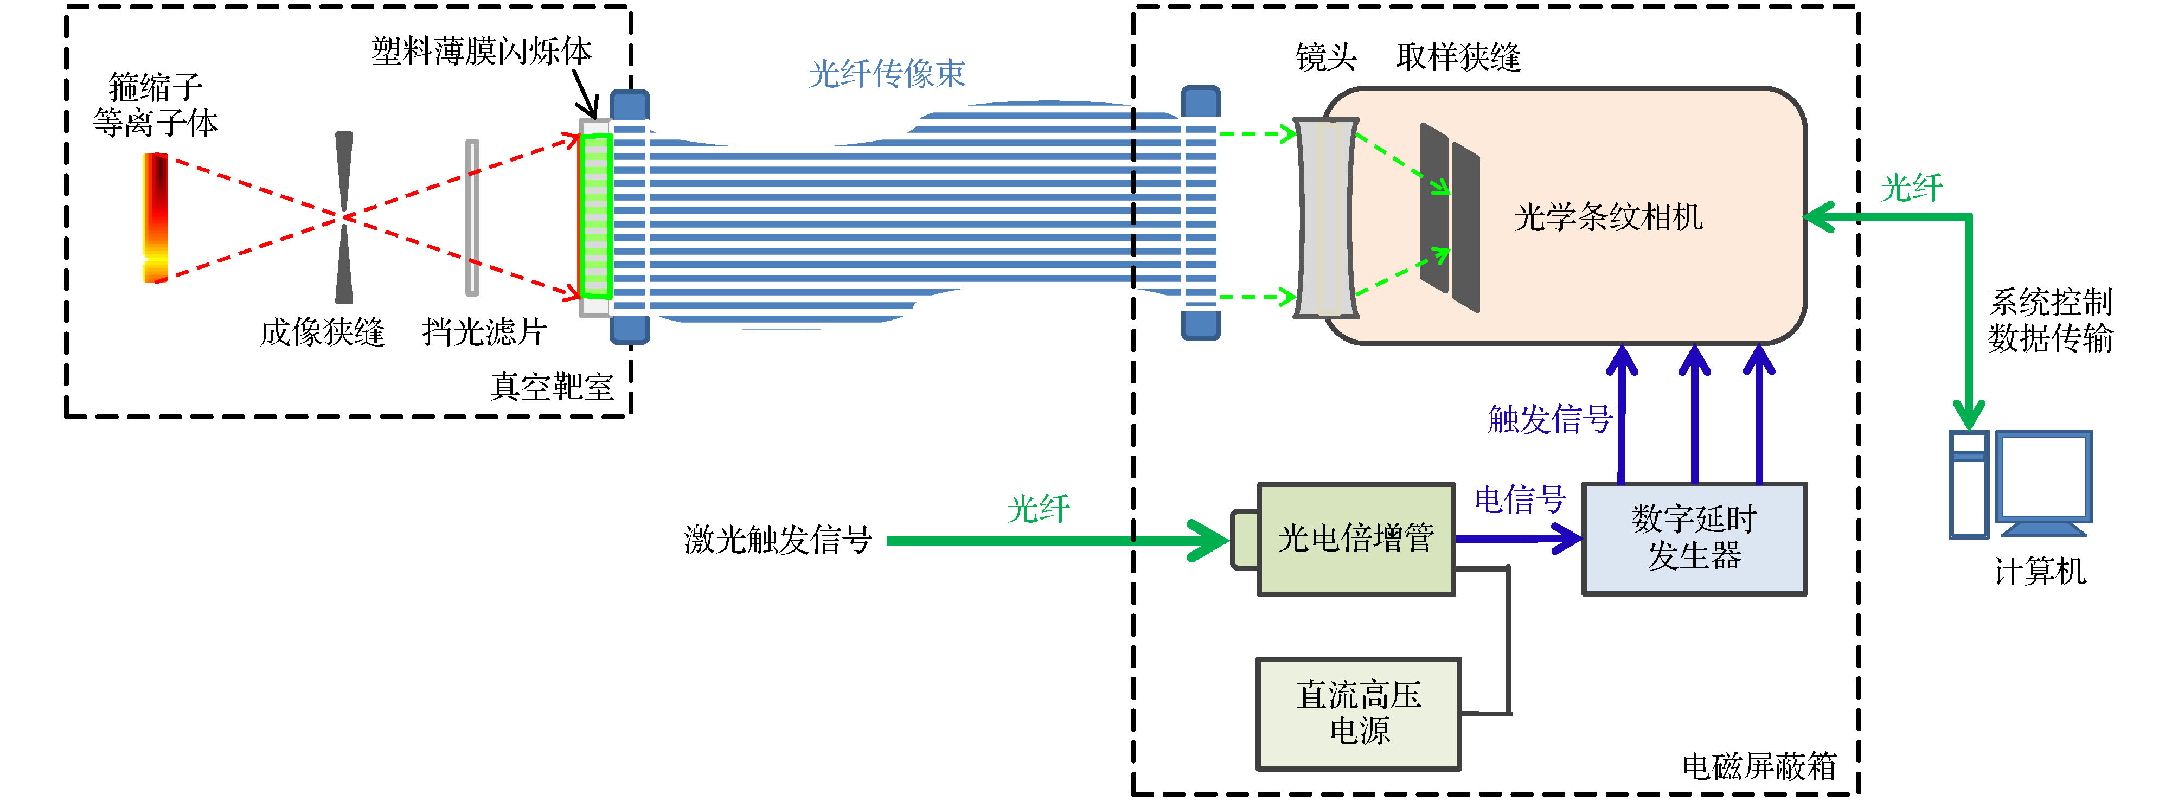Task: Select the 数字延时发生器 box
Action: [1694, 539]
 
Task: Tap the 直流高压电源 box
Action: [1358, 713]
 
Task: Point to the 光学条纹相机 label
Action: [1607, 217]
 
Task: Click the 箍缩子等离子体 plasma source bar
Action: [156, 217]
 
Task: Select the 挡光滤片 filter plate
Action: [472, 217]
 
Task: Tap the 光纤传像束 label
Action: [887, 74]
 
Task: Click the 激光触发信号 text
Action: [778, 539]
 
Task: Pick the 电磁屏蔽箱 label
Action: [1759, 766]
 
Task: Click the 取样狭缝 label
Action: [1458, 57]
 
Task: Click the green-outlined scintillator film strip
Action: [596, 216]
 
